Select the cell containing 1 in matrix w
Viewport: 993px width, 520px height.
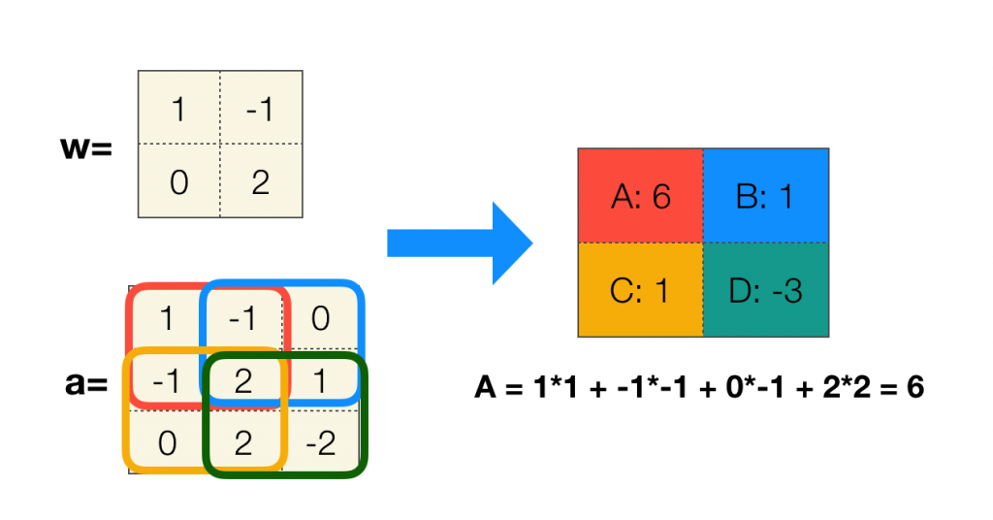click(178, 109)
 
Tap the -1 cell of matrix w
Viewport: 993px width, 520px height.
click(261, 109)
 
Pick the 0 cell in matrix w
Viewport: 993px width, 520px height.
click(178, 181)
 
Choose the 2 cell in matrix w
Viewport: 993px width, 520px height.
click(261, 181)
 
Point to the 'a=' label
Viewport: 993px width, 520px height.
click(85, 385)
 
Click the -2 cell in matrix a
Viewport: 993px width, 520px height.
click(322, 443)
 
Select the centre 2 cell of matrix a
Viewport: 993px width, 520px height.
click(243, 380)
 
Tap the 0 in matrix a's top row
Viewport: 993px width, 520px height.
click(322, 318)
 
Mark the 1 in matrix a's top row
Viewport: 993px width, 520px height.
click(167, 318)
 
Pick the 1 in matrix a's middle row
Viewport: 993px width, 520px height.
click(322, 380)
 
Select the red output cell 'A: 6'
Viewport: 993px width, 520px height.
click(641, 197)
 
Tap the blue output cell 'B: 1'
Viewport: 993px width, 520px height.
click(765, 197)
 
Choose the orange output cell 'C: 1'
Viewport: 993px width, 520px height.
click(641, 290)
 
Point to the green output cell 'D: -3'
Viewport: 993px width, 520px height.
click(765, 290)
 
